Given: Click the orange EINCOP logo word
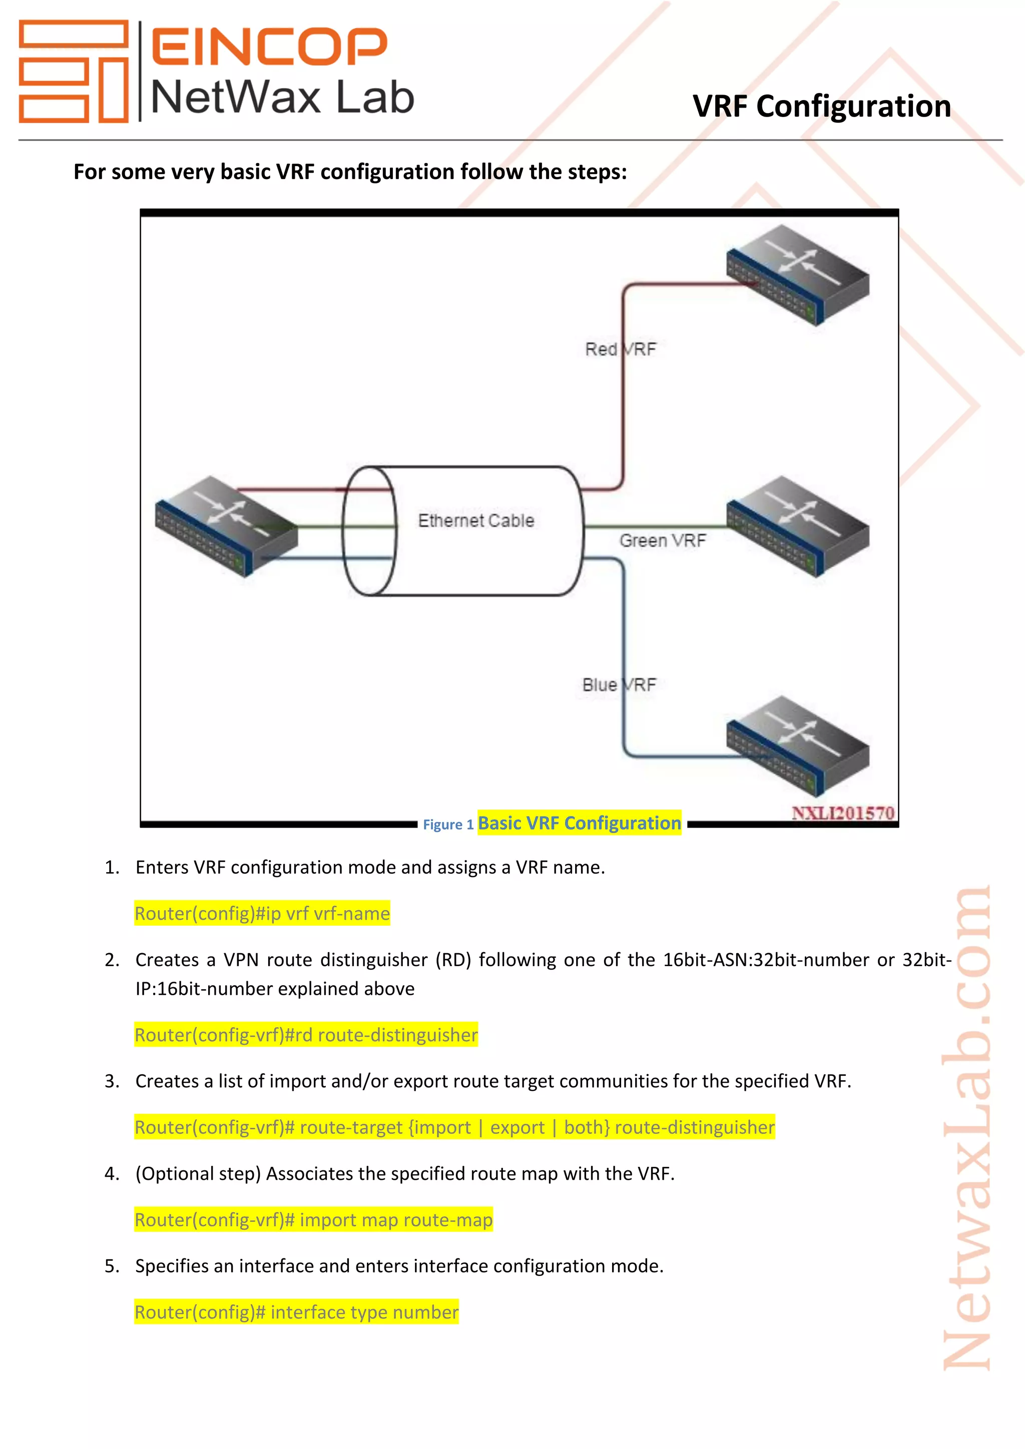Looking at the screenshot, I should [268, 46].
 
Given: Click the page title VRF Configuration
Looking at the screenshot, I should [821, 106].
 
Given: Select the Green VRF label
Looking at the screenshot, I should [662, 540].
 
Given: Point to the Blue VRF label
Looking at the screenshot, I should [619, 685].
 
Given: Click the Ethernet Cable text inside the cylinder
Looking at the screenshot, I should [476, 521].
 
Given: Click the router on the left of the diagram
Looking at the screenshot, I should [225, 526].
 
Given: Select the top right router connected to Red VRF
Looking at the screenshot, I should [797, 275].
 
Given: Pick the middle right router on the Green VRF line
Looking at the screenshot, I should [797, 526].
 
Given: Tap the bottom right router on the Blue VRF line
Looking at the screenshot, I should [797, 746].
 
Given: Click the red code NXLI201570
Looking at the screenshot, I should [843, 813].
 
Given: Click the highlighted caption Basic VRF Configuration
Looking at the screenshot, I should [579, 823].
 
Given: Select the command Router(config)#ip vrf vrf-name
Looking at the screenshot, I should [262, 913].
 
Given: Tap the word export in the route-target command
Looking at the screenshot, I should [517, 1127].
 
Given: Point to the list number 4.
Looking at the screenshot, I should [111, 1174].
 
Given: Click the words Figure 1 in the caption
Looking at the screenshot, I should [447, 825].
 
